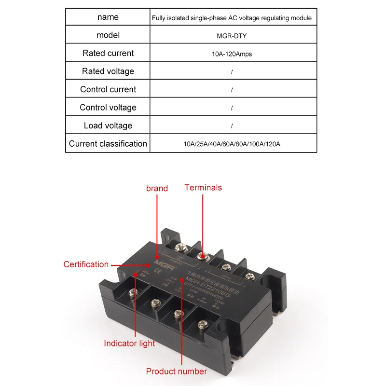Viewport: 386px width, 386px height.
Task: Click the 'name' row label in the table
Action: [x=108, y=17]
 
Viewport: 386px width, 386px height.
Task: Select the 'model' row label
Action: [x=108, y=35]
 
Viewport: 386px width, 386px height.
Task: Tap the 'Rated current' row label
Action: [x=108, y=53]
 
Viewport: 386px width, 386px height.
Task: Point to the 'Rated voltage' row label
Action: [x=108, y=71]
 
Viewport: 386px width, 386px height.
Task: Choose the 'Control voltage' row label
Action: [x=108, y=108]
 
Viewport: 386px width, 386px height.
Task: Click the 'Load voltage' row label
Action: [x=108, y=125]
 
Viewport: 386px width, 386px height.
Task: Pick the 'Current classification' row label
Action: [x=108, y=144]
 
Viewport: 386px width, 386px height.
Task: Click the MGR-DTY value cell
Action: [x=232, y=36]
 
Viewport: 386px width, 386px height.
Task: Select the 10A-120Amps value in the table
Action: [x=232, y=54]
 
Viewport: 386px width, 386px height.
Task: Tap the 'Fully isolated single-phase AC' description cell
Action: [x=232, y=18]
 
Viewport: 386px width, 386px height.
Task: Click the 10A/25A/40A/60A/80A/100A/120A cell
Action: [x=232, y=144]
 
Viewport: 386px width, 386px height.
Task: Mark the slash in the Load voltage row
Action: [x=232, y=126]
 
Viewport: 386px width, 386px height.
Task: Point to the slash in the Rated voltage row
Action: [x=232, y=72]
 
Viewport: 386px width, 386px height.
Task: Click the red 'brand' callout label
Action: [x=157, y=188]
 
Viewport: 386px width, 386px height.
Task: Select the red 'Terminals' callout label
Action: [x=203, y=187]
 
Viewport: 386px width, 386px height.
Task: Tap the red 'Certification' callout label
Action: [x=86, y=264]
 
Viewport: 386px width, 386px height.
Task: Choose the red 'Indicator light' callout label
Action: [x=129, y=344]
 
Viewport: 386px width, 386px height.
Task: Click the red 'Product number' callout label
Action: [x=176, y=371]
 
